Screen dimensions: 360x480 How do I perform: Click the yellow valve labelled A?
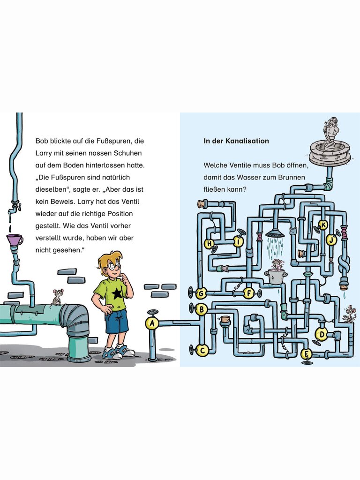(152, 323)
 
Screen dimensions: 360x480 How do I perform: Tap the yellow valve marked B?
(202, 309)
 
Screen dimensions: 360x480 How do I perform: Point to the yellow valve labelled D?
(322, 334)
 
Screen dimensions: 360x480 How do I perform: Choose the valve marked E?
(306, 354)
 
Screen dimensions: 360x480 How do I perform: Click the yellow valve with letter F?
(249, 293)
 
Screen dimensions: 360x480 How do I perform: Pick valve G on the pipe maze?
(201, 293)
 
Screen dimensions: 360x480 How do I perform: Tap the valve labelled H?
(210, 244)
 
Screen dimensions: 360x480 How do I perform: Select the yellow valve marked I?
(238, 241)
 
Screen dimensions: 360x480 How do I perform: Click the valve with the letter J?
(331, 240)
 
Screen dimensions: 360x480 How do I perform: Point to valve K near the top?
(323, 225)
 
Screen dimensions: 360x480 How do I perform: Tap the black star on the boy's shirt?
(116, 293)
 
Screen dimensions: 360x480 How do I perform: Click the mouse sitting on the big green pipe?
(57, 296)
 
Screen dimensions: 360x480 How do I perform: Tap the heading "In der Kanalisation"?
(236, 141)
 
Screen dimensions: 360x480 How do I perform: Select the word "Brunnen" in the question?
(292, 177)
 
